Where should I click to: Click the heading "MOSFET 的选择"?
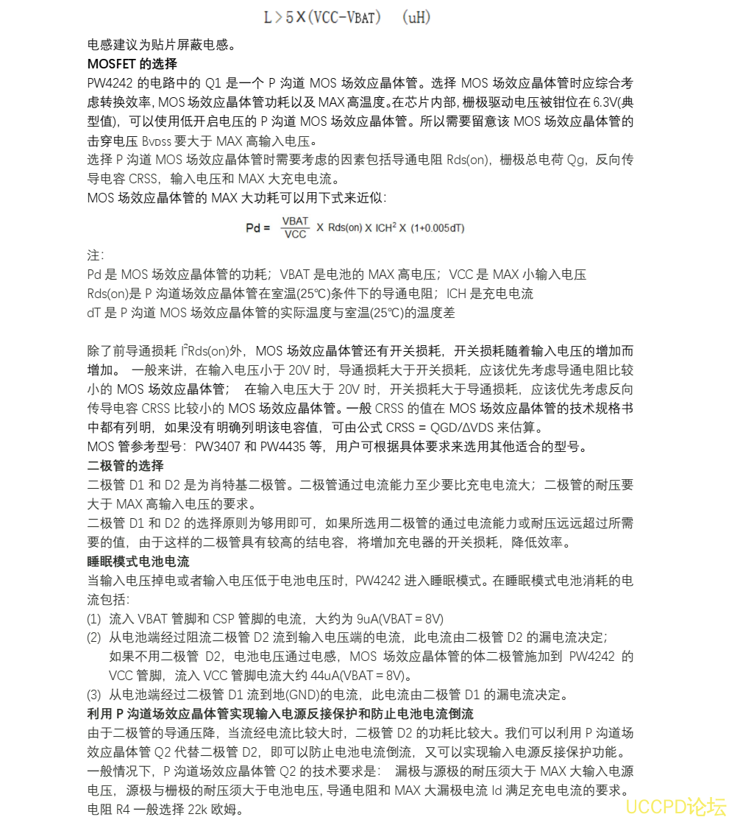tap(132, 63)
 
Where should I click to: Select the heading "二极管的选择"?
tap(125, 465)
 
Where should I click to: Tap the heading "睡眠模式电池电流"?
tap(138, 562)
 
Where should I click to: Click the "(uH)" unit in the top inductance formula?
tap(416, 17)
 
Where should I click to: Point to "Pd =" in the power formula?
tap(258, 227)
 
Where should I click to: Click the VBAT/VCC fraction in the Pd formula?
tap(296, 227)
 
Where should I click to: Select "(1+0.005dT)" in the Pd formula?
tap(437, 228)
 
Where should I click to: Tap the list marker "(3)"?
tap(94, 694)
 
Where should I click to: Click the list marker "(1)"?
tap(94, 618)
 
